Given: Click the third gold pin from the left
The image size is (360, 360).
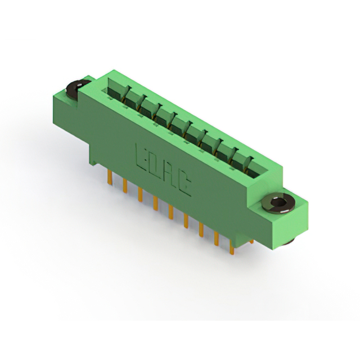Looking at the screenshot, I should click(140, 195).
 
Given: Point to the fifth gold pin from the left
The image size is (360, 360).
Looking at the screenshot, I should click(170, 212).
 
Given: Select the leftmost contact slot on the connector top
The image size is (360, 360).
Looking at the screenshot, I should click(113, 89).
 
